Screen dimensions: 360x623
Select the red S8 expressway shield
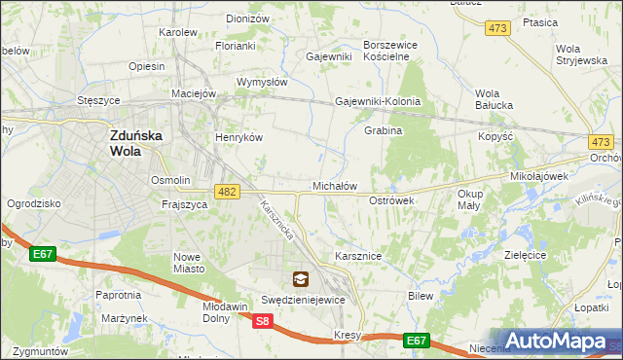tap(262, 321)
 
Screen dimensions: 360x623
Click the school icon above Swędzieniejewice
tap(300, 280)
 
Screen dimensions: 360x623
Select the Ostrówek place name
tap(392, 199)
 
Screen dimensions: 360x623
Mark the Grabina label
tap(384, 130)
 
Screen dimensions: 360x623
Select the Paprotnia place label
tap(118, 294)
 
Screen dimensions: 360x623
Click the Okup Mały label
tap(469, 199)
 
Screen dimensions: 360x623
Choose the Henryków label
tap(239, 138)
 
